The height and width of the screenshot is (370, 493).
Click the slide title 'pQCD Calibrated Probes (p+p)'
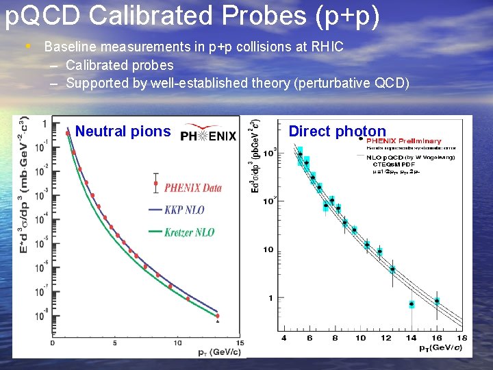pos(192,17)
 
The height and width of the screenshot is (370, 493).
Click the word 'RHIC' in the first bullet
pos(327,47)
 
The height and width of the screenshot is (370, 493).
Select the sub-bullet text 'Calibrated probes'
pos(120,66)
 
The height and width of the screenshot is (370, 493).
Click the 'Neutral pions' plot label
pos(123,131)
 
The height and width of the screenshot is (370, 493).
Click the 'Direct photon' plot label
pos(337,131)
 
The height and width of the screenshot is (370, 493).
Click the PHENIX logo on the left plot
pos(208,133)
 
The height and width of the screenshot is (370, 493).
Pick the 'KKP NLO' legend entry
pos(184,210)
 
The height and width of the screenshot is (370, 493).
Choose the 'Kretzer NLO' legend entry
pos(189,232)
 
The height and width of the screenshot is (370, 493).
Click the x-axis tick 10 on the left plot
pos(177,343)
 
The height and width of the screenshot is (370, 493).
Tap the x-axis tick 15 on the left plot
pos(239,343)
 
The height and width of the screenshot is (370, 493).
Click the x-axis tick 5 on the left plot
pos(115,343)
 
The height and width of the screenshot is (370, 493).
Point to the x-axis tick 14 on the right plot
pos(411,338)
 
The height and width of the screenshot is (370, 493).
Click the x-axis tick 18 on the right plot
pos(462,338)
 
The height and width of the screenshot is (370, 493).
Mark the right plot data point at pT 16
pos(437,301)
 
